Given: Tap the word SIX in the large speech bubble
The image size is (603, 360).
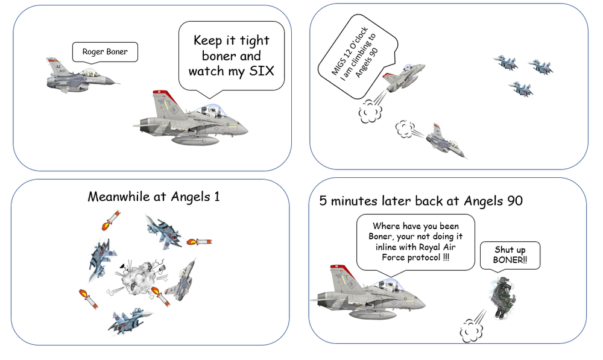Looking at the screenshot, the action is point(262,71).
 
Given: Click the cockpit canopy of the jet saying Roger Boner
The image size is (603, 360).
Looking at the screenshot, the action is point(89,72).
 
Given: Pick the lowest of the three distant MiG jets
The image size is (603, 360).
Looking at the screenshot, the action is point(522,89).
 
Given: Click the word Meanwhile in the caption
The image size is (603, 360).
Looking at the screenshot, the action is point(119,197).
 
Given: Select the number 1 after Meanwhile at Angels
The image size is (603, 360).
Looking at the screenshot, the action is point(217,197).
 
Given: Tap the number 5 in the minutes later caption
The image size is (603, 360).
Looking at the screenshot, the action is point(323,201).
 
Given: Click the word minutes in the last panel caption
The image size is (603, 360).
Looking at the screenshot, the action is point(354,201).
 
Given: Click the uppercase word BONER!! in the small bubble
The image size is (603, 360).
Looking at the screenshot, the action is point(510,260).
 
